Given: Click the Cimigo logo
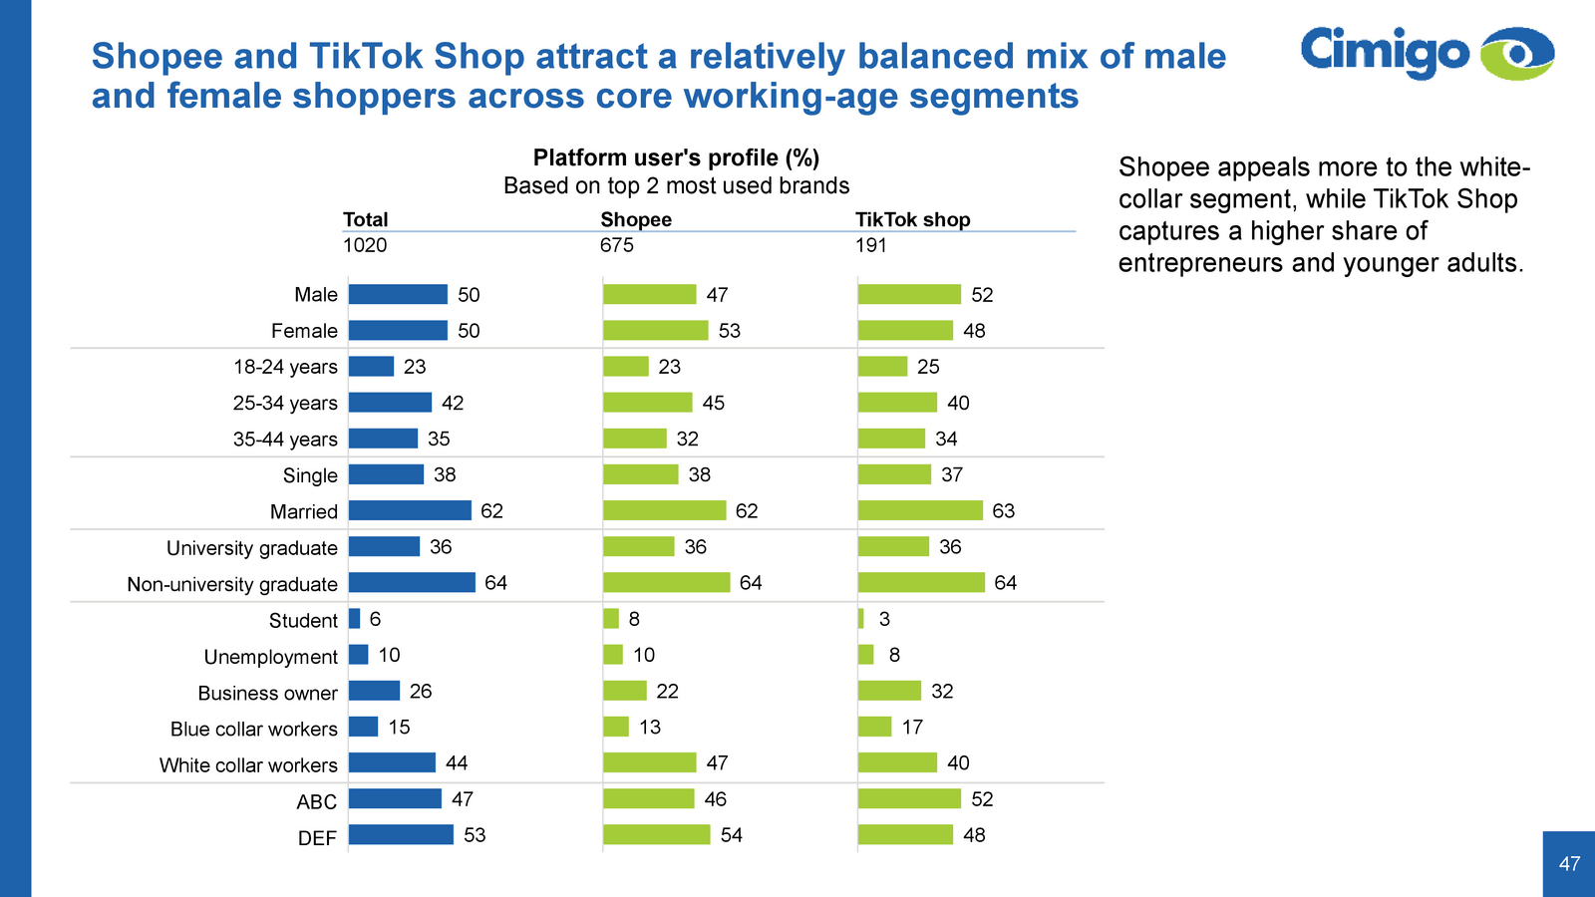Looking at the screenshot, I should pos(1426,53).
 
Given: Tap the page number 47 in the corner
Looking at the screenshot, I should pos(1569,864).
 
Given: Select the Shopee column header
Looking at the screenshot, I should pos(636,219).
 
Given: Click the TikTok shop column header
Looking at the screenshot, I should pos(912,219).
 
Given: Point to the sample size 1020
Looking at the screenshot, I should pos(365,245).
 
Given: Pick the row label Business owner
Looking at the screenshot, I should pos(267,693).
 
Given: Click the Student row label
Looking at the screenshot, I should pos(303,621).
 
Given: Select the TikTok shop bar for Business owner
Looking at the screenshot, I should pos(889,691).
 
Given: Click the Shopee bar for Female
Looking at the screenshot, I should pos(655,330).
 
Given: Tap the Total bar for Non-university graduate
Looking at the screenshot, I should pos(412,583).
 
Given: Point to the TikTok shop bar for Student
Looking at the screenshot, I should pos(861,619).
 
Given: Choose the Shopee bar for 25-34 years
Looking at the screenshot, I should pos(647,403).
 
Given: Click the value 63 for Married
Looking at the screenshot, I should pos(1003,511).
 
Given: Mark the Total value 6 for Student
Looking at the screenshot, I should pos(375,619).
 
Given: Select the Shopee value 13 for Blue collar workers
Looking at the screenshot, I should pos(650,728).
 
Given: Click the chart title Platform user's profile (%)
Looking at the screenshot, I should pos(676,157).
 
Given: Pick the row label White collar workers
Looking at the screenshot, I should pos(248,765).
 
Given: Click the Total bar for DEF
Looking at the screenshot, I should pos(401,835).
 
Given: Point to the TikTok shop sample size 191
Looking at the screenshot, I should pos(870,245).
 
